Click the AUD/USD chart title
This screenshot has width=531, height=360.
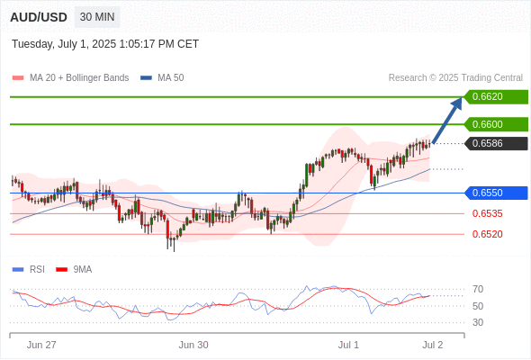pos(39,17)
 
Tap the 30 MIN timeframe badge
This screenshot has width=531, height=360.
pos(97,17)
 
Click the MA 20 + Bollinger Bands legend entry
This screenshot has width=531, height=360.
pos(70,78)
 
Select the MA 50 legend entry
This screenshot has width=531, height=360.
pos(162,78)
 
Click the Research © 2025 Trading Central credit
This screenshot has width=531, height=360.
pos(455,78)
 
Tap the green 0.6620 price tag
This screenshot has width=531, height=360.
pos(496,97)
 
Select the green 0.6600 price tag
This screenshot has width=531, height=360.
pos(496,124)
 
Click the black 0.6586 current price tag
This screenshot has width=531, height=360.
pos(496,143)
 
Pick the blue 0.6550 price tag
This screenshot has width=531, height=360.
pos(496,193)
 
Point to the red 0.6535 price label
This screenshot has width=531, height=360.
pos(487,213)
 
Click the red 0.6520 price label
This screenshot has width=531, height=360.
pos(487,234)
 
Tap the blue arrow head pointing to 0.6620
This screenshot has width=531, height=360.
pos(457,103)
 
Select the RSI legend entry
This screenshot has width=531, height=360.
pos(29,270)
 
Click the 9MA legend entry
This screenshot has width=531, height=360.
pos(74,270)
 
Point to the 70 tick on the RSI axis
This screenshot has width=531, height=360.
pos(478,289)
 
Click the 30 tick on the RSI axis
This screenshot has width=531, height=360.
pos(478,322)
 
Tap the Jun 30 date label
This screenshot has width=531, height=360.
pos(193,345)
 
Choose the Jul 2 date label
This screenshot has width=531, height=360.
pos(433,345)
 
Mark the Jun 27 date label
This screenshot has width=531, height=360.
pos(41,345)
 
